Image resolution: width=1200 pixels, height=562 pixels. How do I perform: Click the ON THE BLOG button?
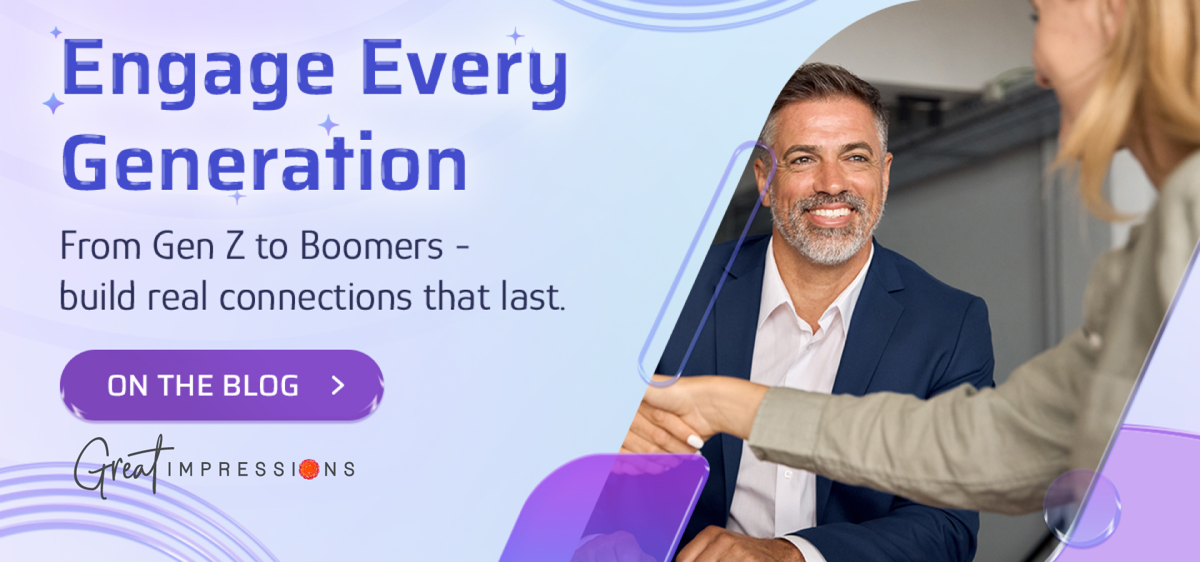[222, 385]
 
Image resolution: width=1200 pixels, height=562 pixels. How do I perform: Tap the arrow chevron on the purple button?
[338, 385]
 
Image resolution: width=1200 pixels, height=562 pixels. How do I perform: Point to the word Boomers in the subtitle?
[372, 246]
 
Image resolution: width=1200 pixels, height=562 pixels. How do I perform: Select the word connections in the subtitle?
[316, 297]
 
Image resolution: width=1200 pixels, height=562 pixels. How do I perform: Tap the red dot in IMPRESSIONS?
[309, 469]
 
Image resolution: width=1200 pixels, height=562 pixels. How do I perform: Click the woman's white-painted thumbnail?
[694, 441]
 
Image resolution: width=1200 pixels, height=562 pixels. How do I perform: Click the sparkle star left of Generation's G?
[53, 103]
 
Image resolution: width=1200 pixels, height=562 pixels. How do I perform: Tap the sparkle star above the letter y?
[516, 36]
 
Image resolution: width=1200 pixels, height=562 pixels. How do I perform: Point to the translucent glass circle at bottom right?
[1081, 506]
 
